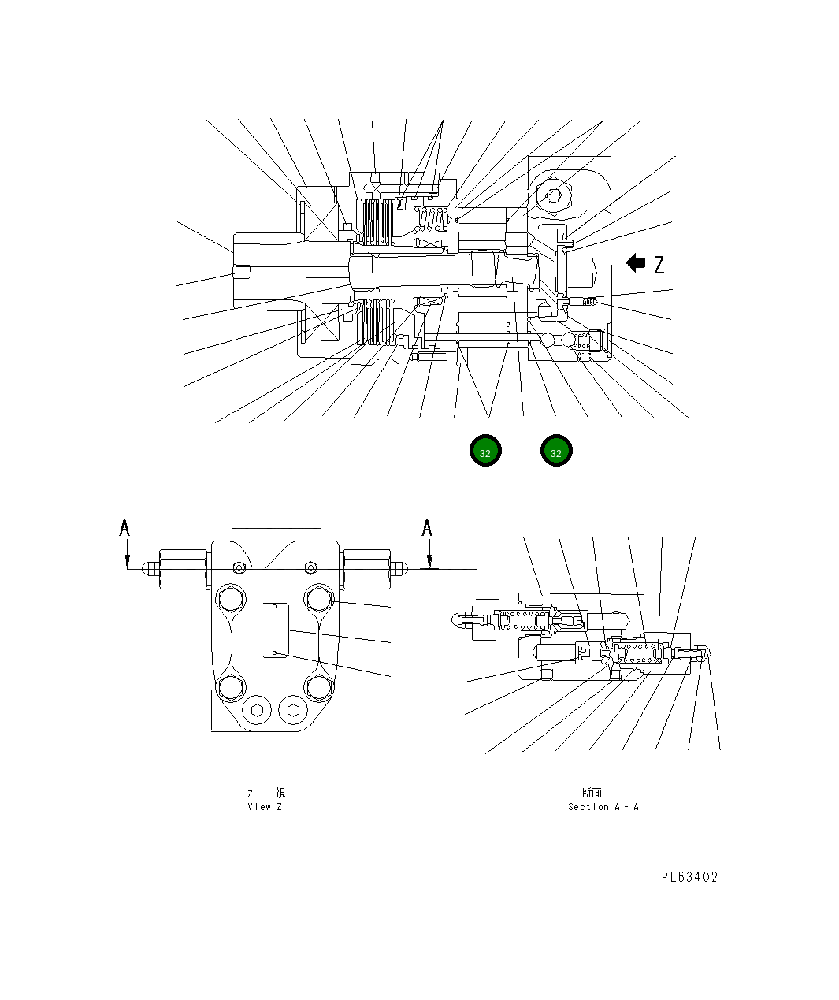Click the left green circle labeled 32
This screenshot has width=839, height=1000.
pos(485,452)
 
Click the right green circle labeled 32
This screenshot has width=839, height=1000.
pos(556,452)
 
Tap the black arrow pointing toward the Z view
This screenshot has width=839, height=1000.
pos(636,263)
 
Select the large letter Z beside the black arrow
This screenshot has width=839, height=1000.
pos(659,264)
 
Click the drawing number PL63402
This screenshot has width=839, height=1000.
pos(689,877)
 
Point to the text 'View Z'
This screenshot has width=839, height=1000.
pos(264,807)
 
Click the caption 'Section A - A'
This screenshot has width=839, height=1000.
pos(603,807)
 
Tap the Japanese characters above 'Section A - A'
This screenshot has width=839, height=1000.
pos(592,793)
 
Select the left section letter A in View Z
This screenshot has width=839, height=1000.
pos(124,527)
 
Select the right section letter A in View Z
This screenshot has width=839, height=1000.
pos(427,527)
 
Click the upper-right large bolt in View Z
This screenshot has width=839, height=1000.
pos(319,599)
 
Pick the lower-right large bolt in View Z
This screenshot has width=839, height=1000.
pos(319,688)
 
